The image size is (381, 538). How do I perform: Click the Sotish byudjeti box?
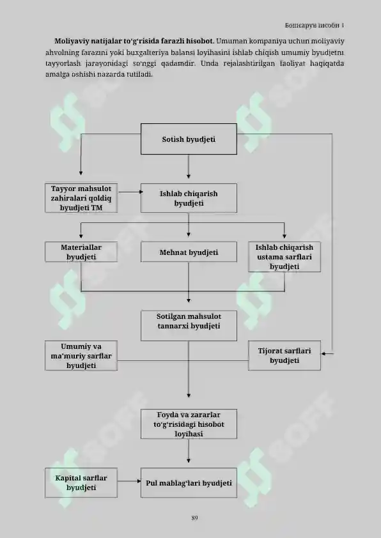[189, 139]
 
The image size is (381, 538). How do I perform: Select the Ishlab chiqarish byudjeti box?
[189, 198]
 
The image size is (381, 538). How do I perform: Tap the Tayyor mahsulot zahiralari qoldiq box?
[81, 198]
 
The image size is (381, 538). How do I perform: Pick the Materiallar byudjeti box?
[81, 252]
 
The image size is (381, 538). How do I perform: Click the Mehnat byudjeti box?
[189, 252]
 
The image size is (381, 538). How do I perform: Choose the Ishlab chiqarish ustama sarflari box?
[284, 257]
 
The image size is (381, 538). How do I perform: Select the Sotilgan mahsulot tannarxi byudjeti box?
[189, 326]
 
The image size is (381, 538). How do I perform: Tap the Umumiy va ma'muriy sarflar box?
[81, 355]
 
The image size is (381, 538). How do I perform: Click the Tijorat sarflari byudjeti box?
[284, 355]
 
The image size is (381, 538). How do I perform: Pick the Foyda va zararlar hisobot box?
[189, 424]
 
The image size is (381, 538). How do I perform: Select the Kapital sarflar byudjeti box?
[81, 483]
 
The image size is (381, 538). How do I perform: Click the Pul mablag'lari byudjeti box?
[189, 483]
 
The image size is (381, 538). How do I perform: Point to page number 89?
[194, 518]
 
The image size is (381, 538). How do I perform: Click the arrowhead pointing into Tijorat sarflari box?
[323, 353]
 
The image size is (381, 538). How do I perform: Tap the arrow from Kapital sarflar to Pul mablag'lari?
[129, 481]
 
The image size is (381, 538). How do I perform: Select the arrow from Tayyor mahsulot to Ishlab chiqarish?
[130, 192]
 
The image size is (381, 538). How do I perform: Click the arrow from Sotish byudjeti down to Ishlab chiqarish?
[189, 166]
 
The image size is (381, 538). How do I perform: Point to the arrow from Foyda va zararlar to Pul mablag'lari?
[189, 451]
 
